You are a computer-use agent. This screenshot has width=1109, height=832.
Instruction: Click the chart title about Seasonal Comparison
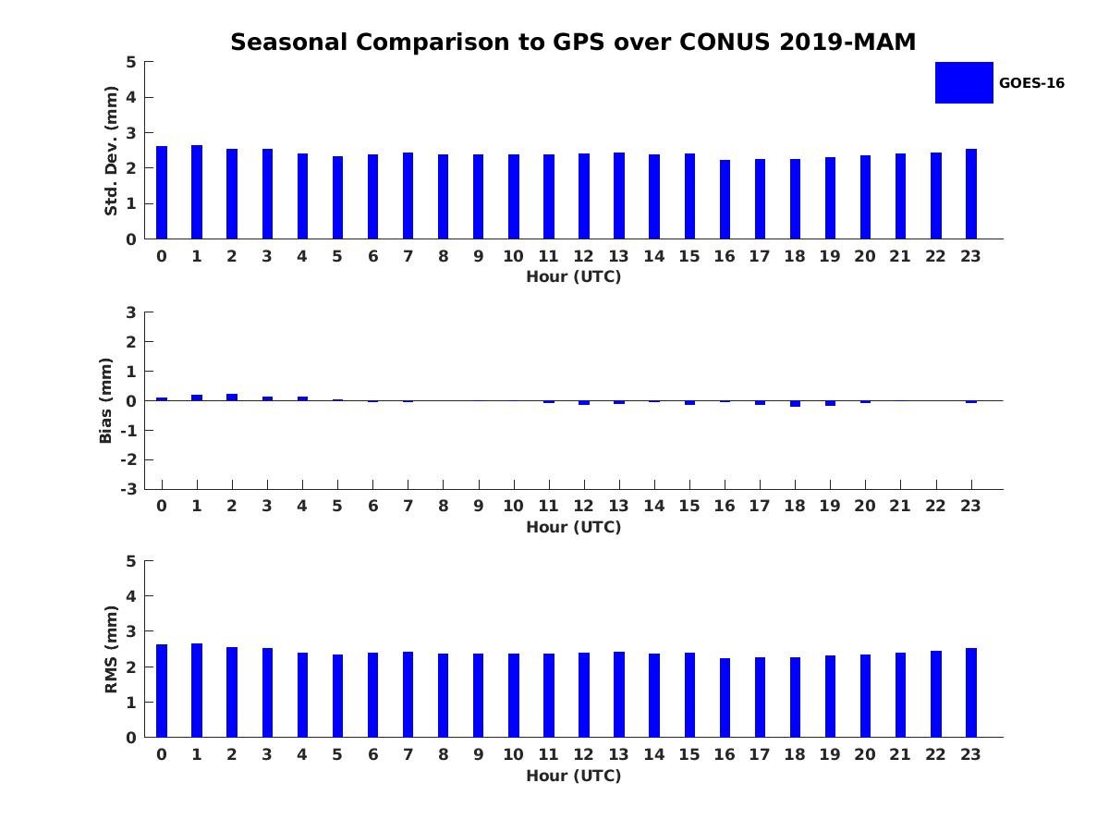point(573,43)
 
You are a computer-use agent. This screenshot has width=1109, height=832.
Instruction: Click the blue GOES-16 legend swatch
point(964,82)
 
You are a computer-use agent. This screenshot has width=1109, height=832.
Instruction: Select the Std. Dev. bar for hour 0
point(162,192)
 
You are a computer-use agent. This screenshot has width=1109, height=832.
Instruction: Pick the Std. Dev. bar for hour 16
point(725,200)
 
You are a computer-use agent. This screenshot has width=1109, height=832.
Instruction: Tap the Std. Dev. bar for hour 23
point(971,194)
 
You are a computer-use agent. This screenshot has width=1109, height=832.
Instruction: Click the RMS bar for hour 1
point(197,691)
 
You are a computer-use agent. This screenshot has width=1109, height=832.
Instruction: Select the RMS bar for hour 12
point(584,695)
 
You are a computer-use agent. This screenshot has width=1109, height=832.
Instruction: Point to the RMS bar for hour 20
point(865,696)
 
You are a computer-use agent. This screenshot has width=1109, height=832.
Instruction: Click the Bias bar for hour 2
point(232,397)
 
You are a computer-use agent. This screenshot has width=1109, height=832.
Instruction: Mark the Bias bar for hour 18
point(795,404)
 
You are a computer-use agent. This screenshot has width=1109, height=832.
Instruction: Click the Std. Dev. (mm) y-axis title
point(111,151)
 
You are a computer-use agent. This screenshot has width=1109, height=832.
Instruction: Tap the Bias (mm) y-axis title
point(106,400)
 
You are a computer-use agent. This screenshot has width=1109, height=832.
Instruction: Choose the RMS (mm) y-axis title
point(111,649)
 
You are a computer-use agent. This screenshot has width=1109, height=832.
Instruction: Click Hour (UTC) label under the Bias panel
point(573,527)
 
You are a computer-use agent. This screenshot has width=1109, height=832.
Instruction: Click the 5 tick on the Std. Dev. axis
point(131,62)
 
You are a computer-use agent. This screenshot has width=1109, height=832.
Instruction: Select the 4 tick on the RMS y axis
point(131,596)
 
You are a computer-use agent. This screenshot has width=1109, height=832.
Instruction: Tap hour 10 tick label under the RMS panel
point(513,754)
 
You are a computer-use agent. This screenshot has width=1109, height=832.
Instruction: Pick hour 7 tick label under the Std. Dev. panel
point(408,256)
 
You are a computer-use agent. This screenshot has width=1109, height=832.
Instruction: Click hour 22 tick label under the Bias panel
point(936,506)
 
